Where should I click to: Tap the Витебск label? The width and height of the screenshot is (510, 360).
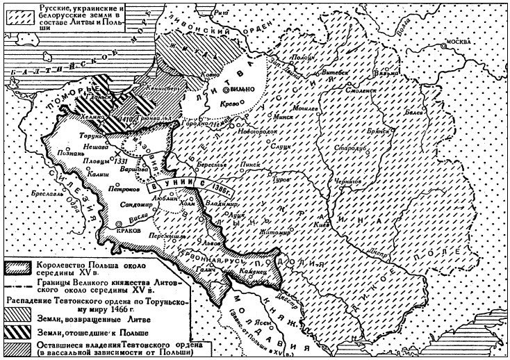pyautogui.click(x=336, y=72)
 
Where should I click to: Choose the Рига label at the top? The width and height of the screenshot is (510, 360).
pyautogui.click(x=224, y=12)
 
